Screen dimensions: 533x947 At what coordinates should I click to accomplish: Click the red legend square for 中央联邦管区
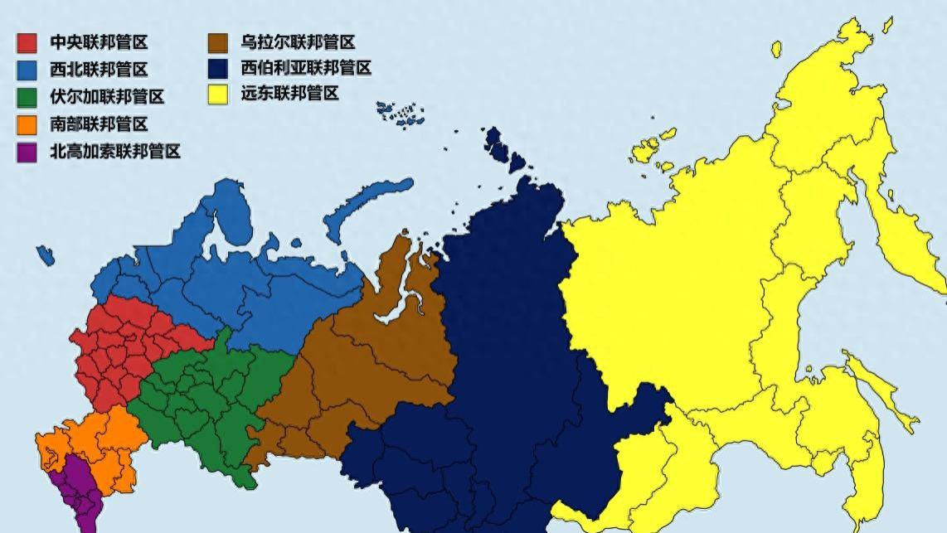[x=27, y=42]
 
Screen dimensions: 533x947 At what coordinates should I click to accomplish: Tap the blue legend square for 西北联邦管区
[x=27, y=70]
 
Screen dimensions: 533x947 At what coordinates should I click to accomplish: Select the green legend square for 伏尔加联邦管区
[x=27, y=97]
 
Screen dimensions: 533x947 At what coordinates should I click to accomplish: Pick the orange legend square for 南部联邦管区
[x=27, y=124]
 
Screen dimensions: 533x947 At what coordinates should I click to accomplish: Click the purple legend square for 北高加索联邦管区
[x=27, y=152]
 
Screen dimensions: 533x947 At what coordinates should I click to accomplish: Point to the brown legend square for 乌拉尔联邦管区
[x=218, y=42]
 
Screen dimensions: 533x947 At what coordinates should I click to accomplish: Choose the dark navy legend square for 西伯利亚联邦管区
[x=218, y=68]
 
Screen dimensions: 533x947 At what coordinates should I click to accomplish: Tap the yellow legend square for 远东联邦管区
[x=218, y=94]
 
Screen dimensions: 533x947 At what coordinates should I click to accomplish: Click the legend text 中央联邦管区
[x=99, y=42]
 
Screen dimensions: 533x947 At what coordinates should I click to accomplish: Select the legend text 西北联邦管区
[x=99, y=70]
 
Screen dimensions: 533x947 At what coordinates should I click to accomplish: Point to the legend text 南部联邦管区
[x=99, y=124]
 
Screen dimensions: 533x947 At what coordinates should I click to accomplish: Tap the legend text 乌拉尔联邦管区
[x=298, y=42]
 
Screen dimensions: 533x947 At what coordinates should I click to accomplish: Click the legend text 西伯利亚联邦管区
[x=306, y=68]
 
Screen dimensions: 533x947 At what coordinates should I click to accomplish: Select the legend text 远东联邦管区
[x=289, y=94]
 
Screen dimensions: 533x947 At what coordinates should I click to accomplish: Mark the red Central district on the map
[x=124, y=348]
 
